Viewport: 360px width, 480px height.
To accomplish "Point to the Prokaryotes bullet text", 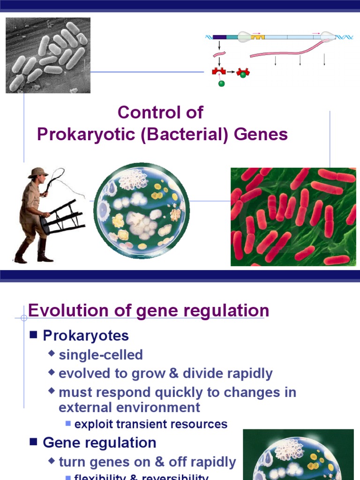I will [86, 336].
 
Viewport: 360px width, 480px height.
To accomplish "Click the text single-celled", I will [101, 355].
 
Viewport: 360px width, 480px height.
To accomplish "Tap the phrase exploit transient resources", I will [151, 424].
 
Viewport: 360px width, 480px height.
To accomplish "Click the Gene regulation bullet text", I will [99, 442].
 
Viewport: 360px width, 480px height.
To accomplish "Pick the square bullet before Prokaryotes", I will [33, 336].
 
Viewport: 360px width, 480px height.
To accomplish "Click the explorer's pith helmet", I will [37, 172].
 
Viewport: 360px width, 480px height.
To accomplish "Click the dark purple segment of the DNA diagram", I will [219, 37].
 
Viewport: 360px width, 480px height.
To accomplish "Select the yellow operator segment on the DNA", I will [258, 37].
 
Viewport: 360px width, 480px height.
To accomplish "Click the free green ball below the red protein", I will [221, 84].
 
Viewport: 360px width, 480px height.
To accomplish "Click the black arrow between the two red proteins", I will [231, 72].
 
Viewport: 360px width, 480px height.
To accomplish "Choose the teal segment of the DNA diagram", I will [232, 37].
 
